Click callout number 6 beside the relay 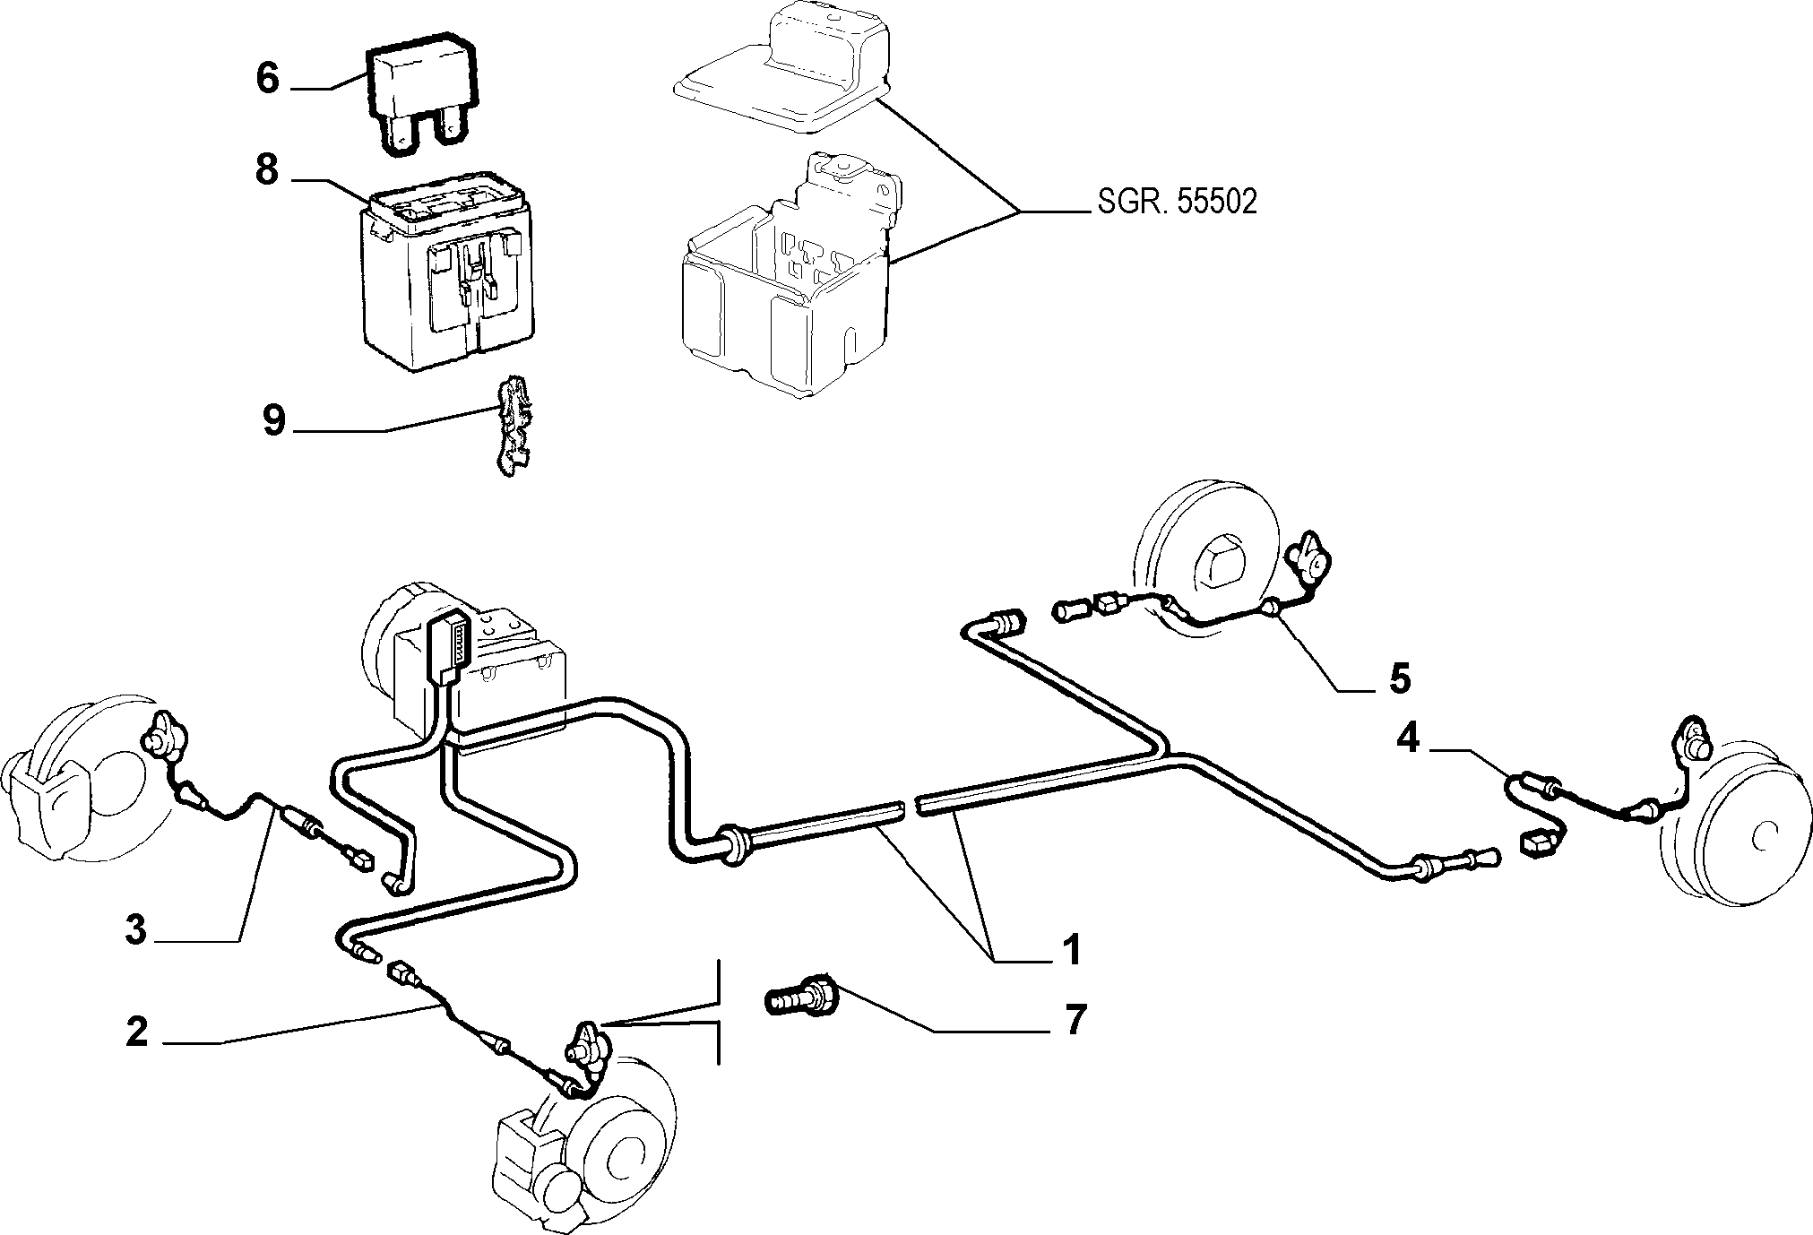268,78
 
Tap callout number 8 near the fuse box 267,169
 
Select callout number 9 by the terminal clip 274,419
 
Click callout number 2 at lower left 136,1032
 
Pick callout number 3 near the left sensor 135,929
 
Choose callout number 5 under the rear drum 1399,678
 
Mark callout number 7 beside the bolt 1074,1019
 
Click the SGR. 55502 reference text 1177,202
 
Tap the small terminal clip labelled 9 512,427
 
